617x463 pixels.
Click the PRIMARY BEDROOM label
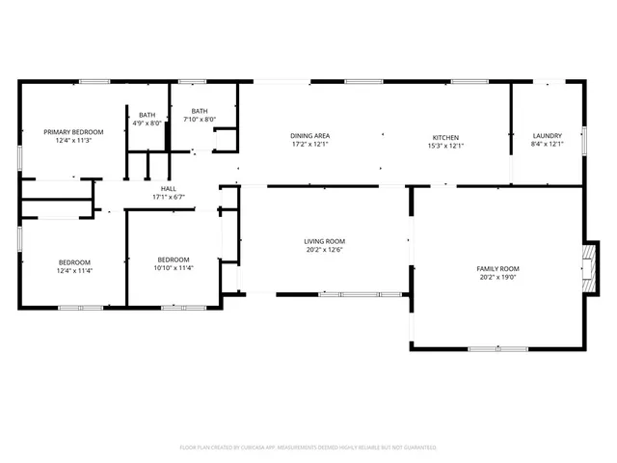(x=73, y=131)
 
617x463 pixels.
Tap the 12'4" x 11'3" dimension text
(x=73, y=140)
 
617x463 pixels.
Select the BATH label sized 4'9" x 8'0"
(x=147, y=115)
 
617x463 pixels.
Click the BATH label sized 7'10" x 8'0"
(x=200, y=111)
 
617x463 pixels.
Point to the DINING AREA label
(x=310, y=136)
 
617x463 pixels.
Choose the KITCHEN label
(x=445, y=136)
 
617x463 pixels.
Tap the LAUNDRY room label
(x=547, y=136)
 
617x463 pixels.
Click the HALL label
(x=168, y=188)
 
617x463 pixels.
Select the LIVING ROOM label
(x=325, y=241)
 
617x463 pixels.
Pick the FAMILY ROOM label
(x=497, y=268)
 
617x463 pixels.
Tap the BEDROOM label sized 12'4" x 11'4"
(x=74, y=262)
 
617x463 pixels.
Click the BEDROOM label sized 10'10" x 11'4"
(x=174, y=259)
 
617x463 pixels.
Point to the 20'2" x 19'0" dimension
(x=497, y=277)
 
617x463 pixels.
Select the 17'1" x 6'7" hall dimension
(x=168, y=197)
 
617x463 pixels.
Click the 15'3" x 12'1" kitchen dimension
(x=445, y=146)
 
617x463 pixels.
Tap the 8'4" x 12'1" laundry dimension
(x=547, y=146)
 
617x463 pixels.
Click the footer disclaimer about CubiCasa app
(x=308, y=448)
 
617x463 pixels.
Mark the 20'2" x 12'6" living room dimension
(x=325, y=251)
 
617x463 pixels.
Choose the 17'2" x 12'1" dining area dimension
(x=310, y=146)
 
